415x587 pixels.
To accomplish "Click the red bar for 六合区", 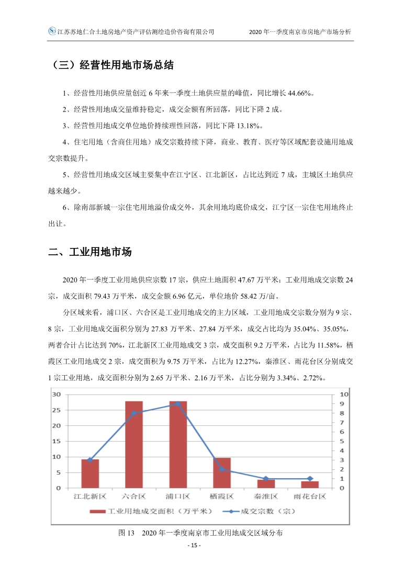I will coord(134,445).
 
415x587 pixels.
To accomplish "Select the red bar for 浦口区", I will coord(178,445).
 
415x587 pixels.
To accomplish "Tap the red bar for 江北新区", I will coord(90,473).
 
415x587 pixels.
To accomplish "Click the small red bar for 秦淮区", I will coord(266,484).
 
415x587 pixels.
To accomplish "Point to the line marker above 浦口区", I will coord(178,404).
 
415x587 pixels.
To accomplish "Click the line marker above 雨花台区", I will coord(310,479).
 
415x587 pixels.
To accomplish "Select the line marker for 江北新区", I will coord(90,460).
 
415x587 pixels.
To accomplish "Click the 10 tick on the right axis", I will coord(343,394).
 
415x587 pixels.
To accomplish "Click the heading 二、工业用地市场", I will coord(89,252).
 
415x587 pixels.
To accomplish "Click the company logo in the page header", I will coord(52,31).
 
